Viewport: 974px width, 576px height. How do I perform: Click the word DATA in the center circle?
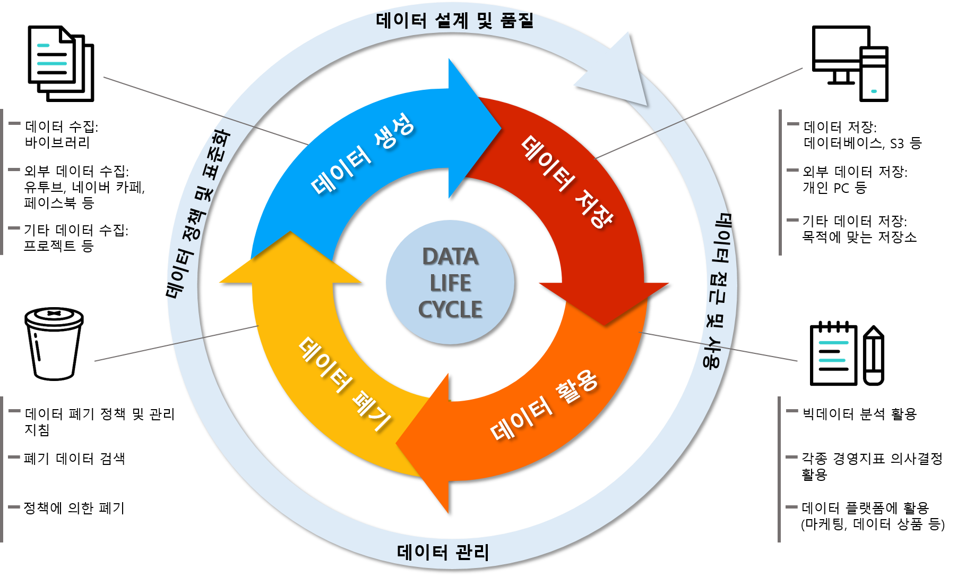pyautogui.click(x=450, y=257)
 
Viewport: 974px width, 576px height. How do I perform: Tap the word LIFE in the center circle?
pyautogui.click(x=450, y=283)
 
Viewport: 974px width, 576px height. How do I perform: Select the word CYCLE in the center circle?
pyautogui.click(x=450, y=310)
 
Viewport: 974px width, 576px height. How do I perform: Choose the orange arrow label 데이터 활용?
pyautogui.click(x=544, y=406)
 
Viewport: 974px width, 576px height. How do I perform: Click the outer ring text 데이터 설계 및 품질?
pyautogui.click(x=454, y=21)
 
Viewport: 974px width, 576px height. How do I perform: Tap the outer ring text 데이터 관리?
pyautogui.click(x=443, y=552)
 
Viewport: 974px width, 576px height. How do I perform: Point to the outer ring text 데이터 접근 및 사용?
pyautogui.click(x=719, y=290)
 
